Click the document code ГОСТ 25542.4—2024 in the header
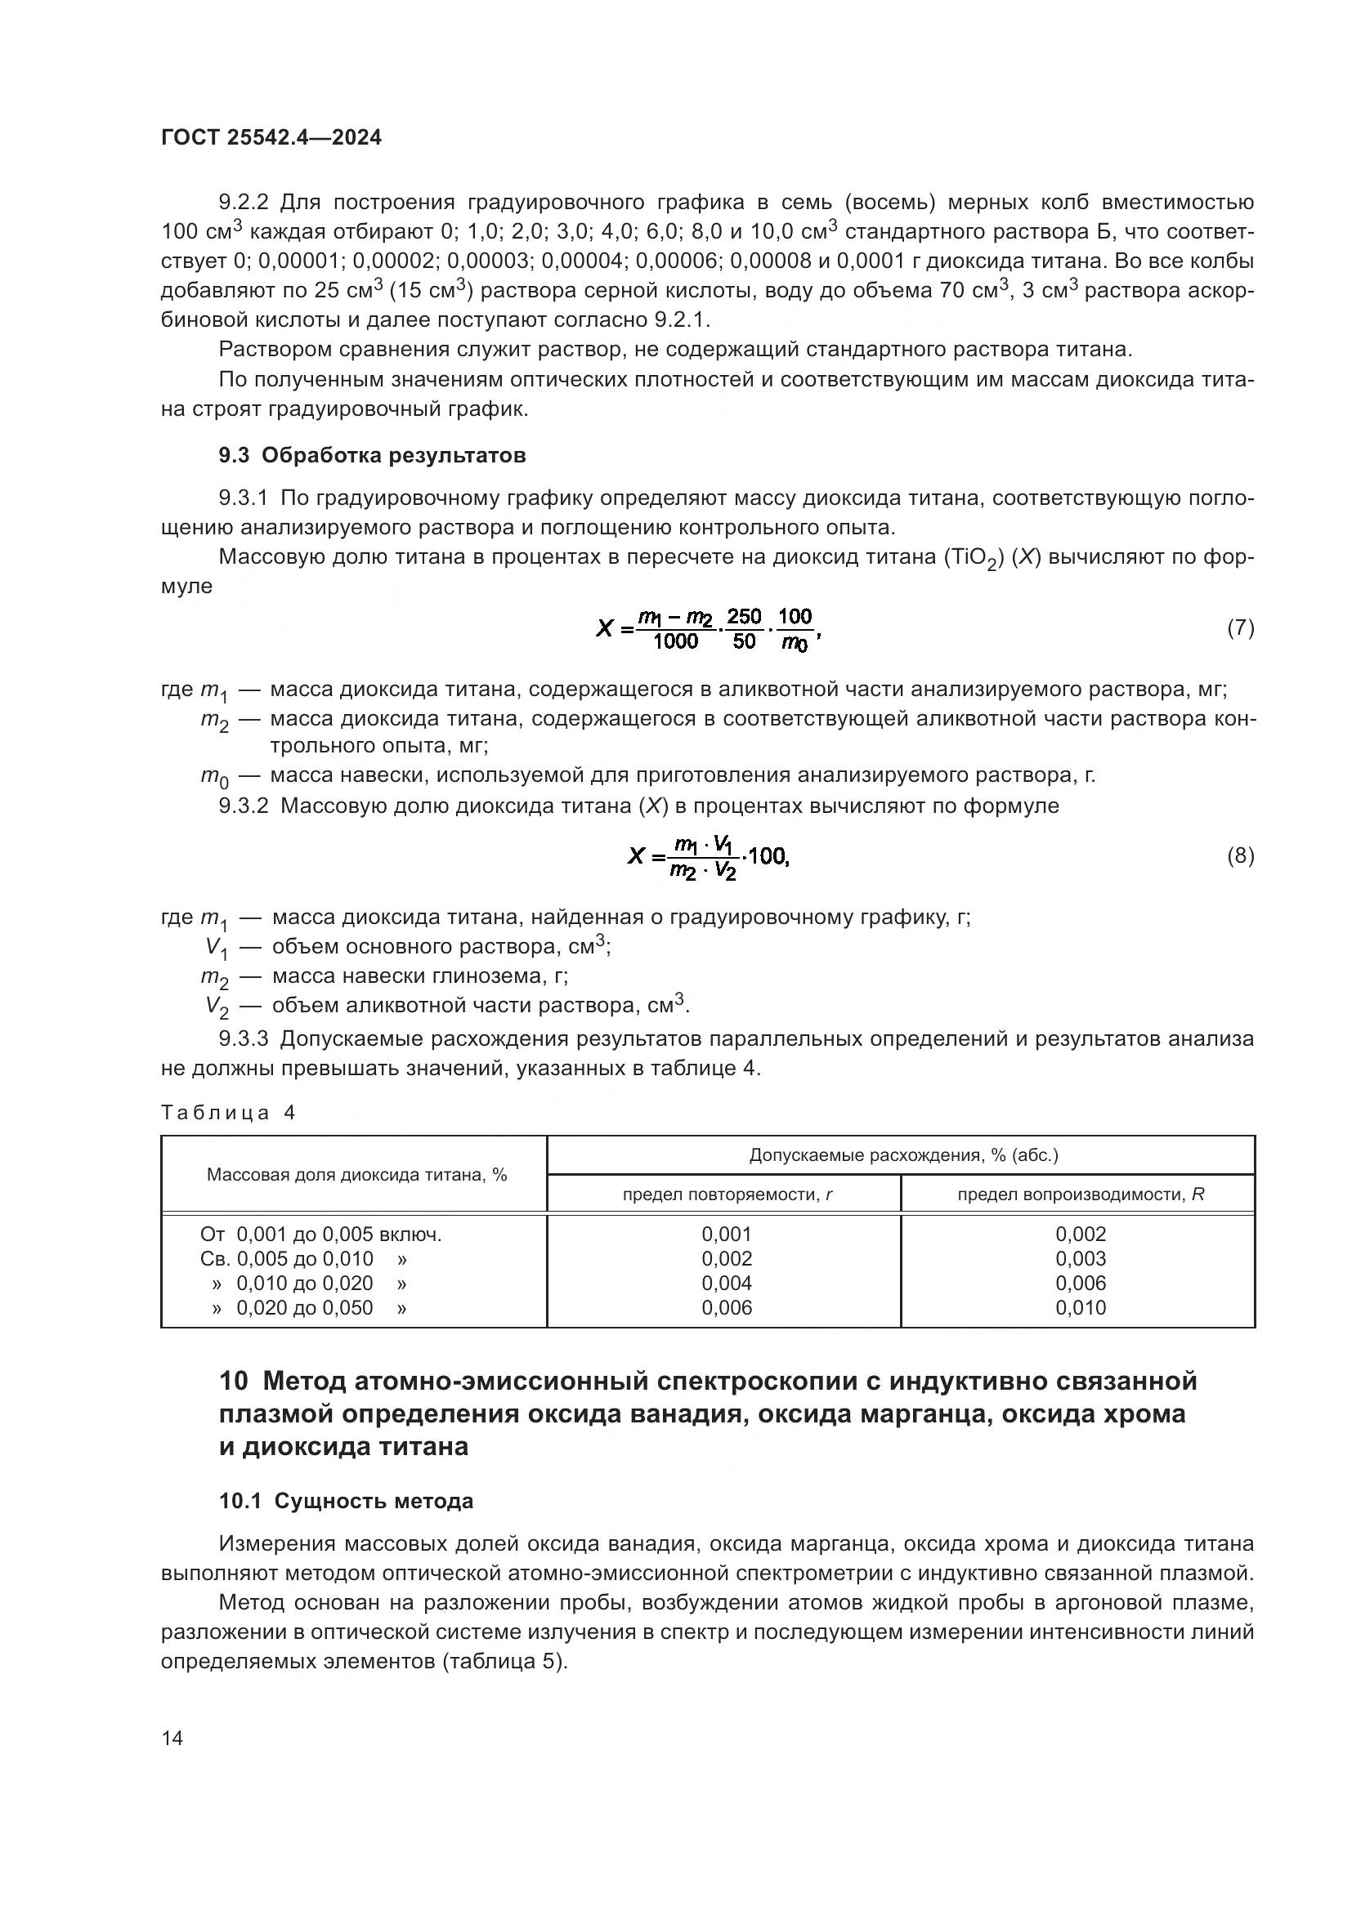tap(271, 138)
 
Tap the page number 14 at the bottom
tap(172, 1738)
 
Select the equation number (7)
tap(1241, 627)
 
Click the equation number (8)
tap(1241, 855)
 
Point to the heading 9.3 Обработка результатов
tap(372, 455)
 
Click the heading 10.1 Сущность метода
tap(347, 1501)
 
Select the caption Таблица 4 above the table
tap(228, 1113)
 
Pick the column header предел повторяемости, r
tap(727, 1194)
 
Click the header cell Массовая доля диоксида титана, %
tap(356, 1174)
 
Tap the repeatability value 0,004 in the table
tap(727, 1283)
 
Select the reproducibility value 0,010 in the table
tap(1081, 1307)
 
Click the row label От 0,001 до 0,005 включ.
tap(321, 1235)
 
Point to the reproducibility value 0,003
tap(1081, 1258)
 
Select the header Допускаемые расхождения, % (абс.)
tap(903, 1155)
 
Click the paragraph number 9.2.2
tap(244, 203)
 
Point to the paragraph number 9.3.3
tap(244, 1038)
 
